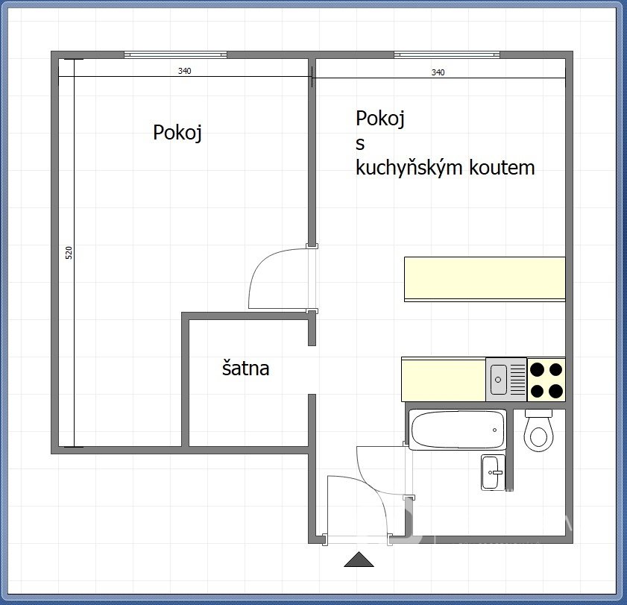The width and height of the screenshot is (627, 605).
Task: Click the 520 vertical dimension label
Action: click(69, 252)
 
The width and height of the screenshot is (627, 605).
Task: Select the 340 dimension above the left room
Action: click(184, 71)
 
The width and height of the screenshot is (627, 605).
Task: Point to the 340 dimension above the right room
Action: click(438, 72)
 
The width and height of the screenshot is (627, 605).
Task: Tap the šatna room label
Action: click(245, 368)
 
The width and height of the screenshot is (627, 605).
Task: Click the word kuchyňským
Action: click(409, 167)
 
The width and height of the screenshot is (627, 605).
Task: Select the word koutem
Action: click(502, 167)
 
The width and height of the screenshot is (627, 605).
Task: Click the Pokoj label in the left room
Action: click(177, 133)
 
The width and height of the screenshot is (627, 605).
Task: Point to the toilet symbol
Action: click(538, 430)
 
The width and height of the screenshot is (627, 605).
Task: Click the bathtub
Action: click(458, 430)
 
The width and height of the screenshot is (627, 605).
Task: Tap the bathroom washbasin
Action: click(492, 472)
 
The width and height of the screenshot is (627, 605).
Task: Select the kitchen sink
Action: click(506, 379)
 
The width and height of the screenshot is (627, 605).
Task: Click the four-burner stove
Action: click(546, 380)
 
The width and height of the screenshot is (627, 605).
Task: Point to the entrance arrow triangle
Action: click(359, 559)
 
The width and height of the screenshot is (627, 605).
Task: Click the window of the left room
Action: click(175, 54)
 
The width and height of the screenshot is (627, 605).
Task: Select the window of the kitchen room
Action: click(447, 54)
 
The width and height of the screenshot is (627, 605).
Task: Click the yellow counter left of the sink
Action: click(444, 380)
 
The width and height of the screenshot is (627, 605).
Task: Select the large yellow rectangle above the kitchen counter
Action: click(485, 279)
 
